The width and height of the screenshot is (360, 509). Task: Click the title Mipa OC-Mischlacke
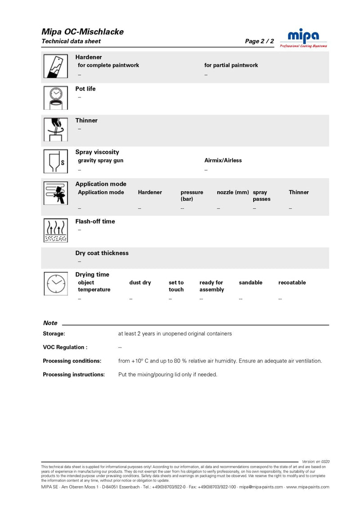tap(82, 32)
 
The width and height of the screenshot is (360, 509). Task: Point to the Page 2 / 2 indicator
tap(259, 41)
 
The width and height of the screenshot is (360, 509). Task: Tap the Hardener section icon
tap(55, 67)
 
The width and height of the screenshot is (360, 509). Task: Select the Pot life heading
tap(85, 89)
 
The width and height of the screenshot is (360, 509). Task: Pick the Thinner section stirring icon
tap(55, 130)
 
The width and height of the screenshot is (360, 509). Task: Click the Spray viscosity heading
tap(97, 152)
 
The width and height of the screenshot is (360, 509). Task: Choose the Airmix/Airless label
tap(223, 160)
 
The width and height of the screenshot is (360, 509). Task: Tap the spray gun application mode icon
tap(55, 194)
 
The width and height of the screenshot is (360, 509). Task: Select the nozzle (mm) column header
tap(233, 192)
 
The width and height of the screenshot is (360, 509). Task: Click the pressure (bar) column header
tap(192, 195)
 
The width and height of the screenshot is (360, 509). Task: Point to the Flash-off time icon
tap(55, 230)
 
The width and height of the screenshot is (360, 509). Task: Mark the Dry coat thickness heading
tap(102, 253)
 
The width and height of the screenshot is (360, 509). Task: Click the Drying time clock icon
tap(55, 284)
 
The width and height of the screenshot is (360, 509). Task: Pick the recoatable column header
tap(292, 283)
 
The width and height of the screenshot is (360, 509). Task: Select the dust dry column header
tap(140, 283)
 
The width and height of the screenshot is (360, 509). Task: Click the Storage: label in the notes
tap(54, 333)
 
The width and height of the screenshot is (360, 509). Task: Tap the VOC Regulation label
tap(65, 347)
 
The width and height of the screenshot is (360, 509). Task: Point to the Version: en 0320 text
tap(316, 461)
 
